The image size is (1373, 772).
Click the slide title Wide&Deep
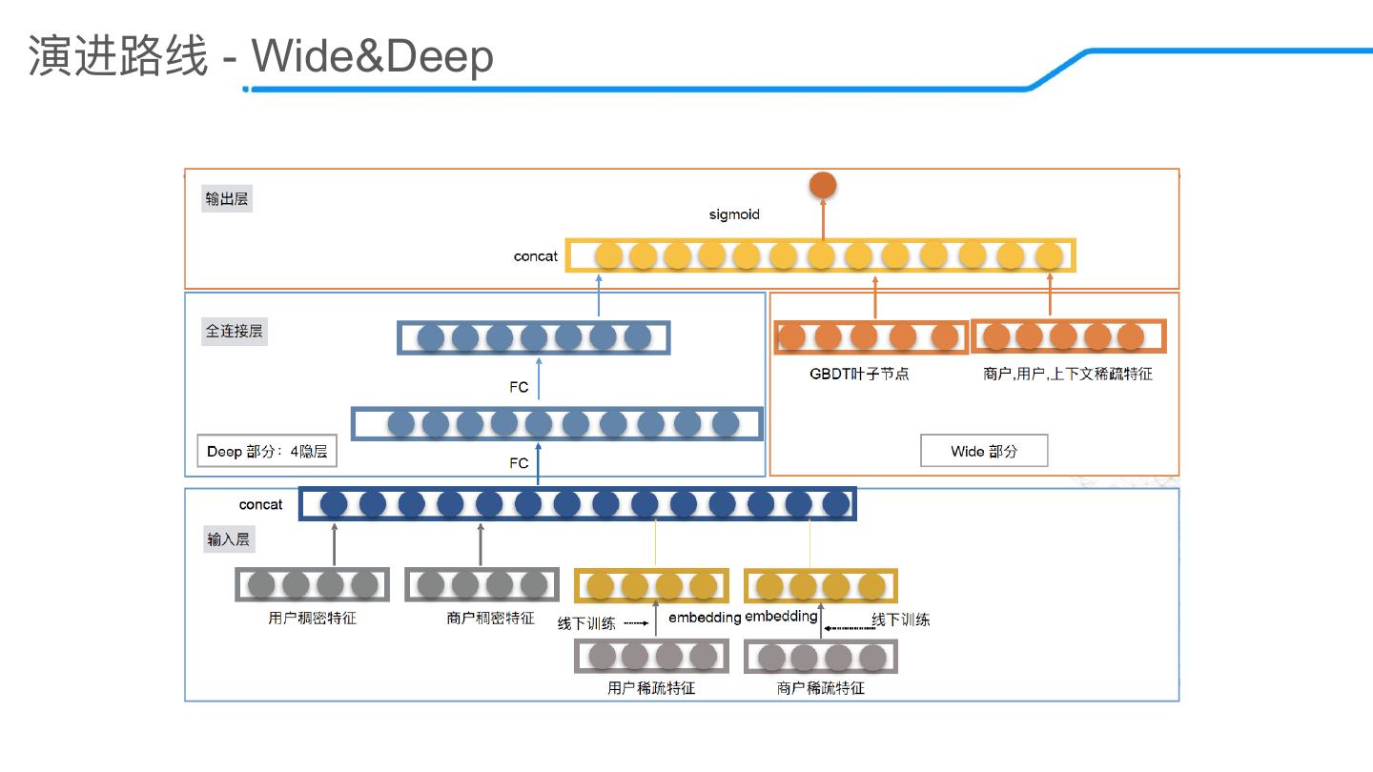pos(373,57)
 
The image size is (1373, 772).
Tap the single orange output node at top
pos(822,185)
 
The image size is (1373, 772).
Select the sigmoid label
pos(734,214)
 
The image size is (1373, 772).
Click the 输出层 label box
pos(228,199)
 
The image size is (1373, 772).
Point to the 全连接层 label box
pos(235,332)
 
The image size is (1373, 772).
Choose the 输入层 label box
pos(229,539)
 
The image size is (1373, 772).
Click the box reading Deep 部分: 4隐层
pos(267,451)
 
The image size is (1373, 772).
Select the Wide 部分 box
pos(984,451)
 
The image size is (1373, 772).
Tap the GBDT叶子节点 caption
pos(859,374)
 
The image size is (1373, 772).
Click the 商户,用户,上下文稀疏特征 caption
pos(1068,374)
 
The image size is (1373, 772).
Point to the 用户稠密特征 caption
pos(313,618)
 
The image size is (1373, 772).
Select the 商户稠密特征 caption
pos(490,618)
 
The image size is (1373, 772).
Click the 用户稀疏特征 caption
pos(651,687)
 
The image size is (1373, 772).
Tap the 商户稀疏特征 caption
pos(821,687)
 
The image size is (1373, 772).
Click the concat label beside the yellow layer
pos(536,256)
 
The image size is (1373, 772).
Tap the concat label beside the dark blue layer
pos(261,504)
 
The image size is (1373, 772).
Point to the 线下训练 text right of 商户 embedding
pos(901,620)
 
